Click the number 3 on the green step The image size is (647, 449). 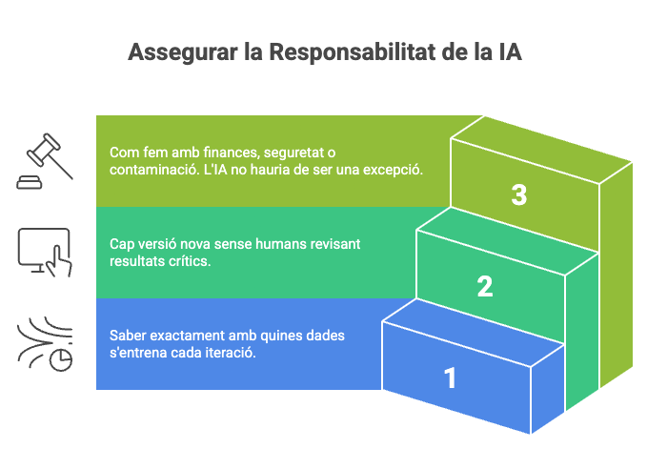[518, 195]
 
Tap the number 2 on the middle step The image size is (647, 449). [485, 286]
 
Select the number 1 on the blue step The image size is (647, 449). [450, 378]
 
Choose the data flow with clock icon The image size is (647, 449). [46, 346]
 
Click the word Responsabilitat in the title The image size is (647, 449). [352, 51]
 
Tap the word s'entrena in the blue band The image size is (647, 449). [140, 352]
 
